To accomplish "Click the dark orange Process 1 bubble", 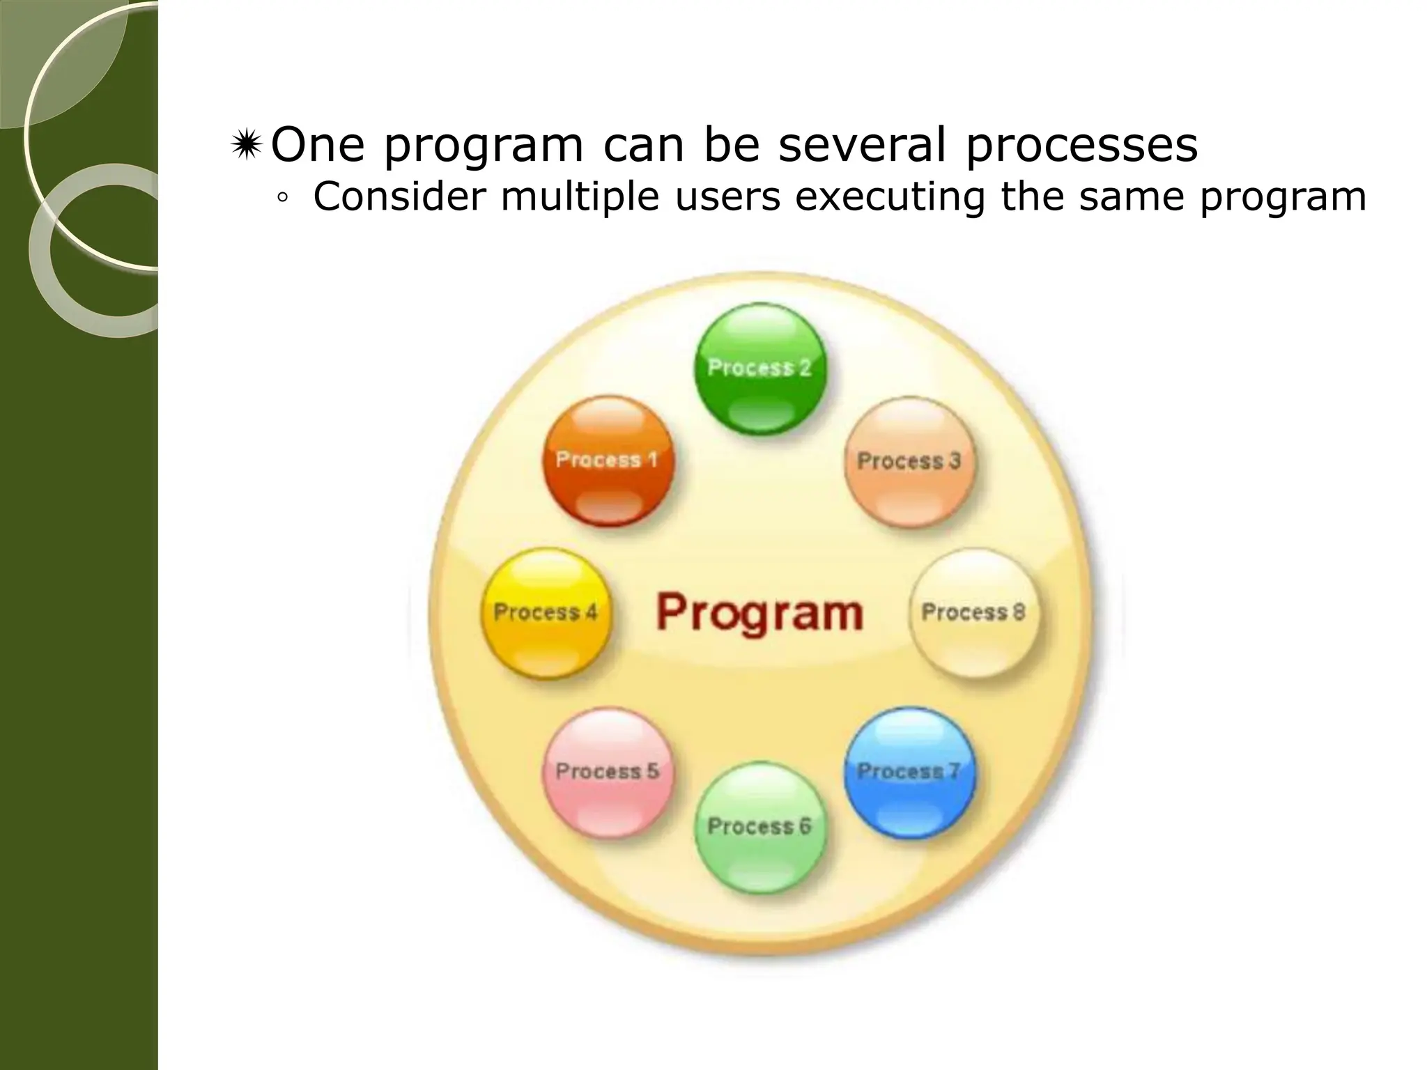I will coord(608,460).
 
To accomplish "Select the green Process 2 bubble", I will coord(760,368).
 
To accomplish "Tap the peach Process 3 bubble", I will coord(909,461).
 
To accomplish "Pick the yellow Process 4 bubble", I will coord(546,612).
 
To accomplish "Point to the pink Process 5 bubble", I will coord(608,771).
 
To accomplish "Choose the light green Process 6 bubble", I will coord(760,826).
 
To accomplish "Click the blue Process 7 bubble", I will coord(909,771).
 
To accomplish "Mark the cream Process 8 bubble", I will coord(973,612).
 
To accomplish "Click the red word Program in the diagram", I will coord(759,613).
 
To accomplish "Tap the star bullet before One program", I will coord(246,146).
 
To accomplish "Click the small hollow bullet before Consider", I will coord(282,199).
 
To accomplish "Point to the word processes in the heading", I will coord(1081,146).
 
